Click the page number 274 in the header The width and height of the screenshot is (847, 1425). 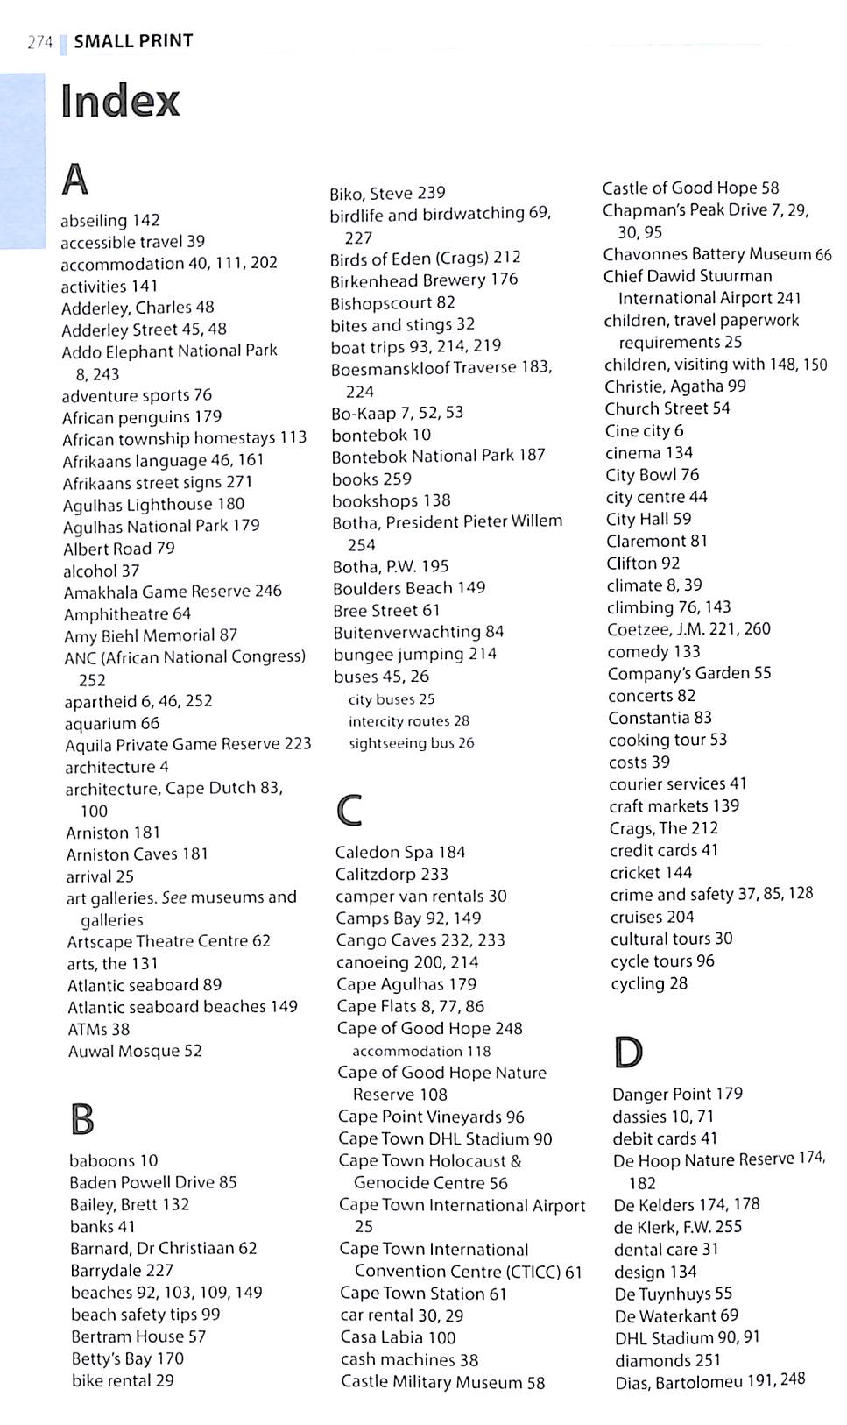pyautogui.click(x=40, y=42)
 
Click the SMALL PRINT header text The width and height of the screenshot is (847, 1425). pyautogui.click(x=133, y=41)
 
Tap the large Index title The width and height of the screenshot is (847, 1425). pyautogui.click(x=120, y=101)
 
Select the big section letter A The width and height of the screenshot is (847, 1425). pyautogui.click(x=75, y=180)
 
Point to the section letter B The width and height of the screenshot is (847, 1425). pyautogui.click(x=81, y=1119)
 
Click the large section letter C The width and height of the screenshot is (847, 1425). pyautogui.click(x=349, y=810)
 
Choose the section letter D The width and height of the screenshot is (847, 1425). pyautogui.click(x=627, y=1052)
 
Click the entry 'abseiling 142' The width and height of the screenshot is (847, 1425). pyautogui.click(x=110, y=220)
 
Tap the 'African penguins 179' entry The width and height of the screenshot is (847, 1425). pyautogui.click(x=142, y=416)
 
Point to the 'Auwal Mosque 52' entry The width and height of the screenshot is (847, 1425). pyautogui.click(x=135, y=1051)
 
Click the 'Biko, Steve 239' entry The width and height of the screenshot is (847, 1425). pyautogui.click(x=387, y=193)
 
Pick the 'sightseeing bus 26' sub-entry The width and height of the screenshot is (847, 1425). pyautogui.click(x=411, y=743)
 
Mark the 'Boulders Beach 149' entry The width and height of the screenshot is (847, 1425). pyautogui.click(x=409, y=588)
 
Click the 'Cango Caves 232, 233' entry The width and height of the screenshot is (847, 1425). pyautogui.click(x=420, y=940)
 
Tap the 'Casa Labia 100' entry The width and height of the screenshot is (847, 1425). pyautogui.click(x=398, y=1337)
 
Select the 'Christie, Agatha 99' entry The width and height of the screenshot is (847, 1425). pyautogui.click(x=674, y=386)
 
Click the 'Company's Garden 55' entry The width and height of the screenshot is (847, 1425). pyautogui.click(x=689, y=673)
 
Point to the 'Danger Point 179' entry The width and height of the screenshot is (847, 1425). pyautogui.click(x=677, y=1094)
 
